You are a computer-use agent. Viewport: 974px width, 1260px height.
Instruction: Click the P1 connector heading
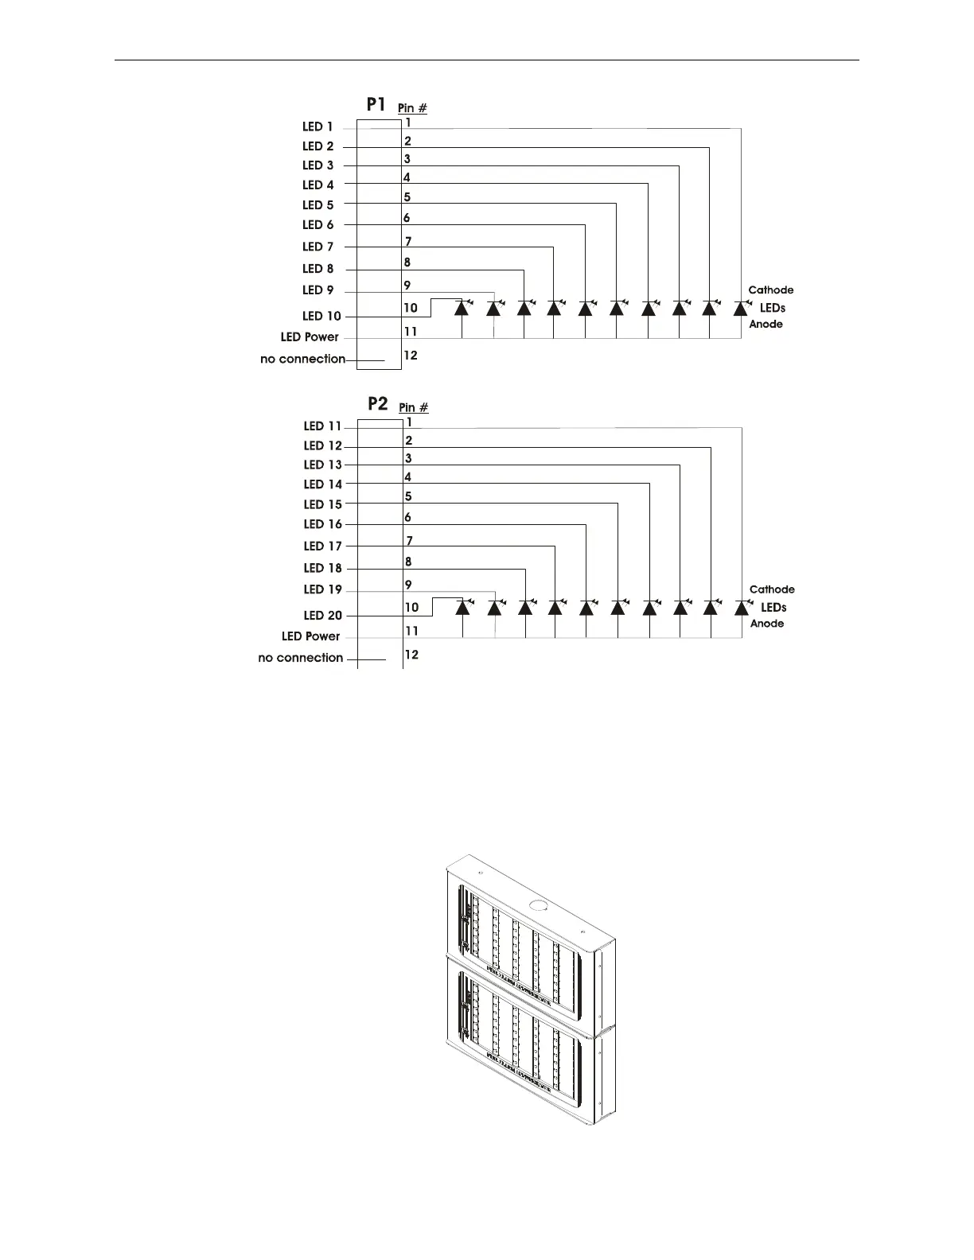pos(376,104)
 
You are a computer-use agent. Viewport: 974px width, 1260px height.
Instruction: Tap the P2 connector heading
pos(377,404)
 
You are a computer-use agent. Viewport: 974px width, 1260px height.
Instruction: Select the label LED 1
pos(318,126)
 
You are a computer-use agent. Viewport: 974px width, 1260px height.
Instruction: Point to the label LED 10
pos(321,316)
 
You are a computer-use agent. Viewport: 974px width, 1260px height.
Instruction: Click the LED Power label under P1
pos(310,337)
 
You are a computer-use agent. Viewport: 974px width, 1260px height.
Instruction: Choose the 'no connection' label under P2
pos(301,658)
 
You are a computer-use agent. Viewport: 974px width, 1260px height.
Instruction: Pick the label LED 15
pos(322,504)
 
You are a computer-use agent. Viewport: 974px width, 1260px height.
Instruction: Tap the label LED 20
pos(322,615)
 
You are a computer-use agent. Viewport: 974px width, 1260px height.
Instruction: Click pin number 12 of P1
pos(411,355)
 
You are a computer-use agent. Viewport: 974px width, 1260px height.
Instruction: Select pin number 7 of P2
pos(409,541)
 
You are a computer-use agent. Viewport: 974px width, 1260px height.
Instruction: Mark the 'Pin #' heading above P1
pos(412,107)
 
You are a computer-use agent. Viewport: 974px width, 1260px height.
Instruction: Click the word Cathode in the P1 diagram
pos(770,290)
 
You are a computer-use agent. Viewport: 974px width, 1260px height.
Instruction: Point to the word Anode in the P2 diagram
pos(767,624)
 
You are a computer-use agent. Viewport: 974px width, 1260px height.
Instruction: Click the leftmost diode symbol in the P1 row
pos(462,308)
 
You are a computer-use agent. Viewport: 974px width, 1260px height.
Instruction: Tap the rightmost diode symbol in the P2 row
pos(742,608)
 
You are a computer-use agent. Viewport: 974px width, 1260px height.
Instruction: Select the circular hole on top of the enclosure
pos(538,904)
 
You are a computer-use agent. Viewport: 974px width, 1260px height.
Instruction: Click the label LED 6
pos(318,225)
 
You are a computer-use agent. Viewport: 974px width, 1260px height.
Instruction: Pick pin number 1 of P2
pos(409,422)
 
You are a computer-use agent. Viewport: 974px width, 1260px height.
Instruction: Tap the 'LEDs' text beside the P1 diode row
pos(772,308)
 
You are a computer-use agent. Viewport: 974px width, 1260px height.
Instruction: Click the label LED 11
pos(322,426)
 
